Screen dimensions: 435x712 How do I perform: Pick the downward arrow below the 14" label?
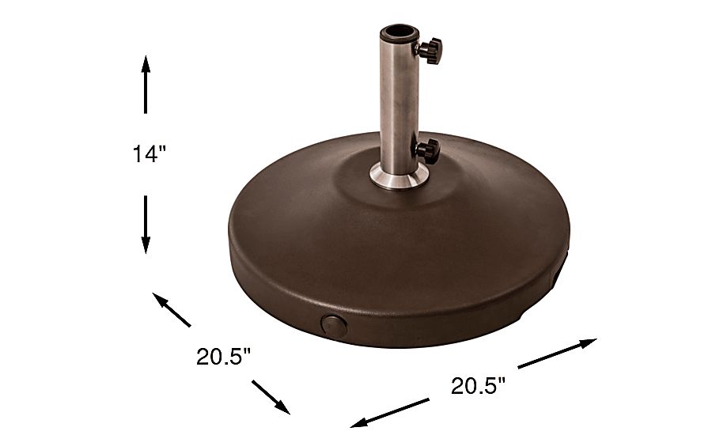[x=146, y=225]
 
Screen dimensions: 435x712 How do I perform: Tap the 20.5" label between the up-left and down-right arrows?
[x=223, y=357]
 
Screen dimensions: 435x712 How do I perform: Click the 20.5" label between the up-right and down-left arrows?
[x=478, y=385]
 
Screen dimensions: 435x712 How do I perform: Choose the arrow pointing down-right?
[x=271, y=396]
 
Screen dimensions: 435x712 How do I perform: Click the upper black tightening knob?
[x=429, y=51]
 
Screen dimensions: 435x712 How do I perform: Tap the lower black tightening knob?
[x=427, y=150]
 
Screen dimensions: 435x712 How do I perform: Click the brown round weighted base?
[x=396, y=253]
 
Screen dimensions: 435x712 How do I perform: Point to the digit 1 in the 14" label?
[x=137, y=155]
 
